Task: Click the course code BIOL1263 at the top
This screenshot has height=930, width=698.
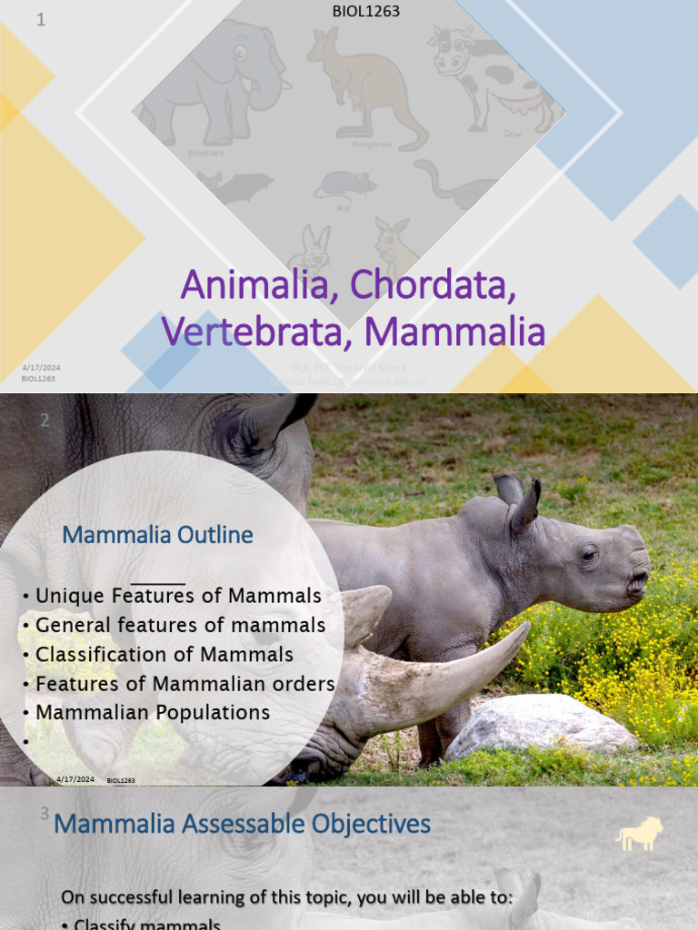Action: (367, 12)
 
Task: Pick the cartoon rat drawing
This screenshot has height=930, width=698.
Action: (345, 186)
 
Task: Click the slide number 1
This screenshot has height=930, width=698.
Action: (41, 20)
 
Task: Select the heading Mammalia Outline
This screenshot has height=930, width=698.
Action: (157, 535)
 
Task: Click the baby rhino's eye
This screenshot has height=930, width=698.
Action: (590, 555)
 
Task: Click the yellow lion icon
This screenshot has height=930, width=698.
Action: (640, 835)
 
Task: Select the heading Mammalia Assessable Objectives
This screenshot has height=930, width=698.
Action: (243, 825)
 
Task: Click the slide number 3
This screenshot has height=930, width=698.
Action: (45, 814)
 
